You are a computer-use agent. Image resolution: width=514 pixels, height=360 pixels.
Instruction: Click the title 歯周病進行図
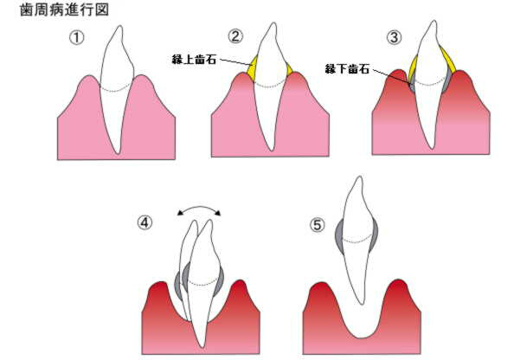(65, 10)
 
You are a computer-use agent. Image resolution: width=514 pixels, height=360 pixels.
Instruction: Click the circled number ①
(77, 38)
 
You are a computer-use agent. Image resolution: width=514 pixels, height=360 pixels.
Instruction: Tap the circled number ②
(235, 36)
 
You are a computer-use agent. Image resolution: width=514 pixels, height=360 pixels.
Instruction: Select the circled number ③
(394, 37)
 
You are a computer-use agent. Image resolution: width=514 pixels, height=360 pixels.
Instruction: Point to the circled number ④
(145, 223)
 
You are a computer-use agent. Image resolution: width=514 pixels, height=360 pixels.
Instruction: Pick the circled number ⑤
(318, 225)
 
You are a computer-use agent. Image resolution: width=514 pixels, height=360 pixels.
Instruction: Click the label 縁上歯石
(194, 60)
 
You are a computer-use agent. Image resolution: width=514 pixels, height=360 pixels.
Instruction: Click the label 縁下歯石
(348, 69)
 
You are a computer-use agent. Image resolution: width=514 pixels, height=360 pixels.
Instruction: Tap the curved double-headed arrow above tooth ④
(199, 207)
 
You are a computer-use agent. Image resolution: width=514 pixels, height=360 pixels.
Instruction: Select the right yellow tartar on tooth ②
(289, 69)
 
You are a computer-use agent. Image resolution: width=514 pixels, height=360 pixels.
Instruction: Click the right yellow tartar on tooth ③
(448, 61)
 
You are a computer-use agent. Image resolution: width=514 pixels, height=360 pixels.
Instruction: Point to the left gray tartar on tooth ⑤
(339, 235)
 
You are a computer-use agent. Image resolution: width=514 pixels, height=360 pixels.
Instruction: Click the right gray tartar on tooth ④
(219, 281)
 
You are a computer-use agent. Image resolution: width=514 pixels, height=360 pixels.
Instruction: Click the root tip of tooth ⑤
(361, 304)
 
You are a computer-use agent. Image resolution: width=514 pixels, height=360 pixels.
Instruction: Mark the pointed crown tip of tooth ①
(120, 27)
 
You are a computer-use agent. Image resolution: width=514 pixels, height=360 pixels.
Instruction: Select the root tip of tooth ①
(118, 152)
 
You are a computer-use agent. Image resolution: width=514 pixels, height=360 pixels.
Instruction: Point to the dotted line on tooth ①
(116, 89)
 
